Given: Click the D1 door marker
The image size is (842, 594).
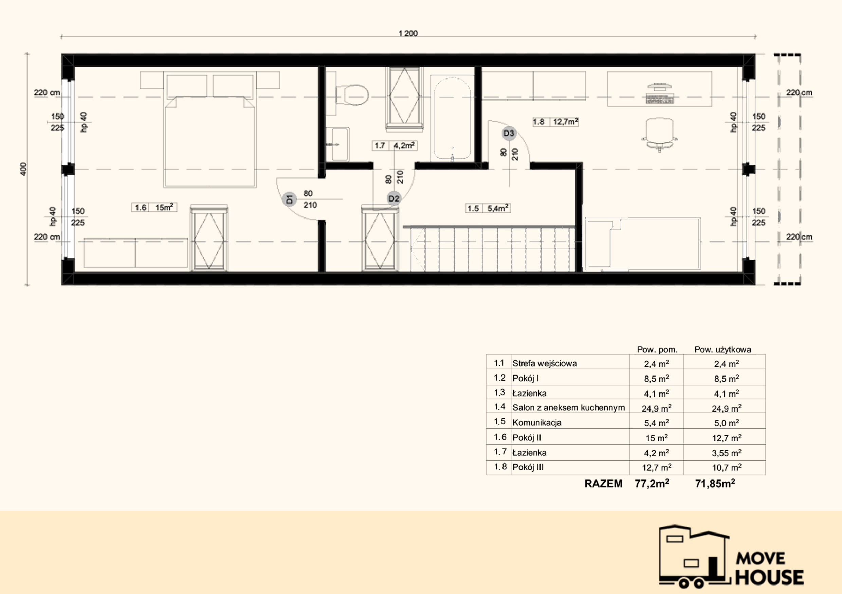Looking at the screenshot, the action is [x=289, y=199].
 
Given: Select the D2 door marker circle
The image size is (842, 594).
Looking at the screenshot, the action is [x=393, y=198].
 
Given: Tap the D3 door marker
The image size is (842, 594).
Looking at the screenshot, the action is [x=509, y=133].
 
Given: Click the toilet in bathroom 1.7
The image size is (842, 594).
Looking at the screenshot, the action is [x=352, y=95].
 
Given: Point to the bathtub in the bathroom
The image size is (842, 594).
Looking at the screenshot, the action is [x=452, y=119].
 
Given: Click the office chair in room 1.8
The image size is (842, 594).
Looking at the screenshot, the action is [x=659, y=134].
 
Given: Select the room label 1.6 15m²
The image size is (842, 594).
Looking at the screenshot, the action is [x=154, y=207].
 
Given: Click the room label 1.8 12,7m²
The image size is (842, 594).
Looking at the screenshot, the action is [x=555, y=122].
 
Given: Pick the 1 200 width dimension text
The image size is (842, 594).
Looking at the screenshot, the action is [x=408, y=33].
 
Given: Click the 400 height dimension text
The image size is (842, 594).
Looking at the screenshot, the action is [x=23, y=169].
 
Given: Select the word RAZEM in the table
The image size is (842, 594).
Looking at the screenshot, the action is [x=603, y=484].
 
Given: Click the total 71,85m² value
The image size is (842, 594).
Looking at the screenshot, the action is [x=715, y=484].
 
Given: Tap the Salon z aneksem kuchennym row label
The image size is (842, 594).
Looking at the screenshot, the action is [x=568, y=407].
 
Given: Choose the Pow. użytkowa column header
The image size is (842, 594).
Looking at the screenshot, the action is [x=723, y=349].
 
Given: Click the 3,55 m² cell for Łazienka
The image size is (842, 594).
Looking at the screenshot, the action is [x=727, y=453].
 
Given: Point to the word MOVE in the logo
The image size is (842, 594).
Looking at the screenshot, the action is [x=761, y=558].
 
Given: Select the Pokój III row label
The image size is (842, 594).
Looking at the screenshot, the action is [x=528, y=467].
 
